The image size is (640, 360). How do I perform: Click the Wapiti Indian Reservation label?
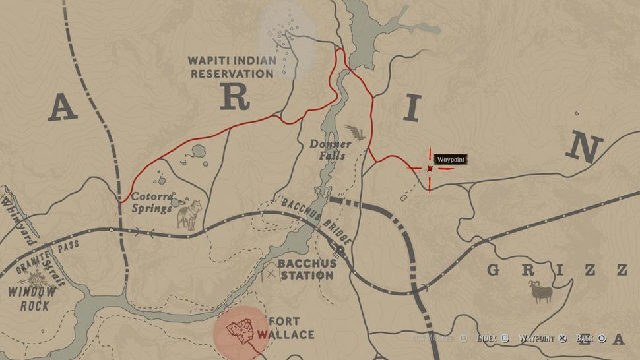pos(232,67)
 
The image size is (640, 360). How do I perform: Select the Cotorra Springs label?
pos(152,202)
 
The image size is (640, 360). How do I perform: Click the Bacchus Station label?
pos(307,268)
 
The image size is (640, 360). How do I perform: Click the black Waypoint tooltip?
pos(451,160)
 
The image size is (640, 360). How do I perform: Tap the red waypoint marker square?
pos(430,169)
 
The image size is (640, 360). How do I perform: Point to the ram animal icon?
pos(542,291)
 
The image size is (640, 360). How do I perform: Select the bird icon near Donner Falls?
pos(356,134)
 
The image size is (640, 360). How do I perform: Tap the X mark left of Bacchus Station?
pos(271,273)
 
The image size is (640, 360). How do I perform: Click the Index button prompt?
pos(492,338)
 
